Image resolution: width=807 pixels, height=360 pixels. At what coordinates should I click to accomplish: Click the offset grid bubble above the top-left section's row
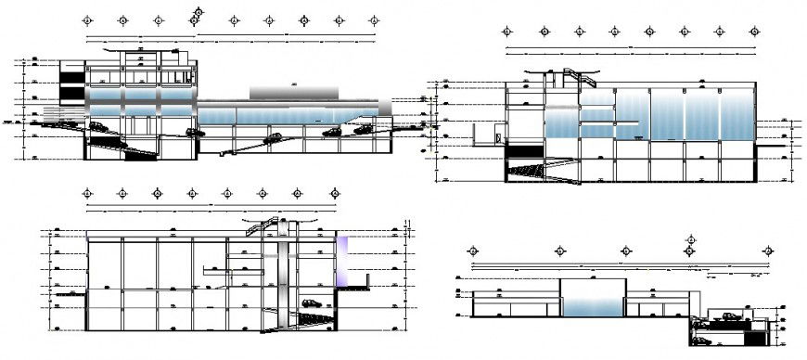click(x=196, y=11)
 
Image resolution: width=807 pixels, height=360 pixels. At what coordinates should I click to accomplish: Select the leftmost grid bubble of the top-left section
click(x=86, y=19)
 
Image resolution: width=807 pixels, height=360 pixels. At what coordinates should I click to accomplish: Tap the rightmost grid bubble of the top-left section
click(x=373, y=19)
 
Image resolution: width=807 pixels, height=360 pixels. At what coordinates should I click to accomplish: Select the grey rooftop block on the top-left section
click(x=293, y=90)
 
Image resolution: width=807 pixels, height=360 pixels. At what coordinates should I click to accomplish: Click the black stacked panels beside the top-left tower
click(x=70, y=81)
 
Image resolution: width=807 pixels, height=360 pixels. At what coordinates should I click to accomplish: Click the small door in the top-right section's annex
click(x=499, y=138)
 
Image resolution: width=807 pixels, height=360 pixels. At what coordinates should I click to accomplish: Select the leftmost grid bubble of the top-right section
click(x=507, y=32)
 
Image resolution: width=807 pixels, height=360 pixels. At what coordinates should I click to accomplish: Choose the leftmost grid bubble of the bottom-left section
click(x=87, y=194)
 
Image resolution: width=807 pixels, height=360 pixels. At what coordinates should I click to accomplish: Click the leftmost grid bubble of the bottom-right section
click(x=473, y=251)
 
